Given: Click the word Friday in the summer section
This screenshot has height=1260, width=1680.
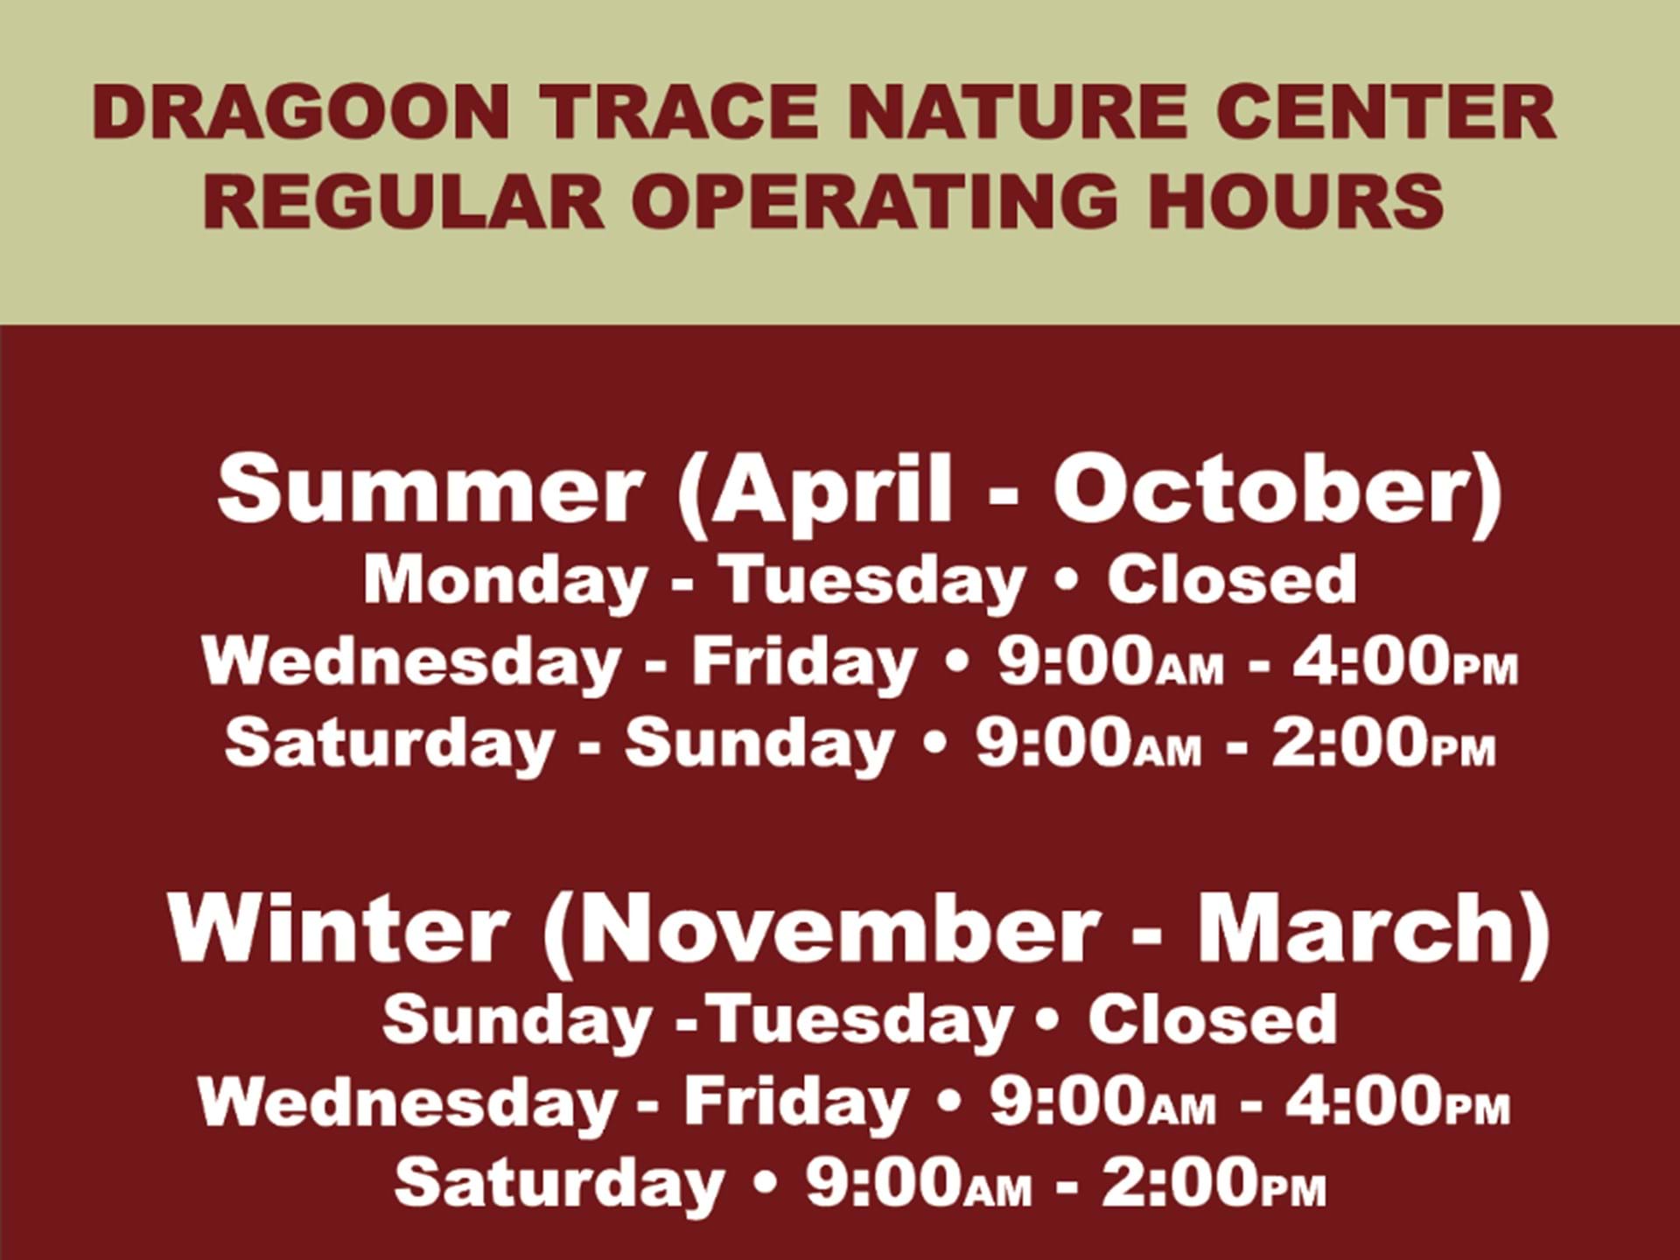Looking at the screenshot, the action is tap(803, 663).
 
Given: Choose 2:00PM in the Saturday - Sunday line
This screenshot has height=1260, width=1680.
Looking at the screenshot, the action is tap(1382, 742).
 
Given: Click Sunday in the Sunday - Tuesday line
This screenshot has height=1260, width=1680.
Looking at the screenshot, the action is tap(517, 1020).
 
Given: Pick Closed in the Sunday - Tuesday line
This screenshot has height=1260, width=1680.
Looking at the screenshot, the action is tap(1213, 1018).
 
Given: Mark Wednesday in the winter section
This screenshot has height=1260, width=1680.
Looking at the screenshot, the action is tap(408, 1102).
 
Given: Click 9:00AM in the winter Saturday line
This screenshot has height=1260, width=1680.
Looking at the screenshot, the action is tap(919, 1183).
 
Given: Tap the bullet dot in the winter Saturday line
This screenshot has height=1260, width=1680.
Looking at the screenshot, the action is tap(766, 1185).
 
